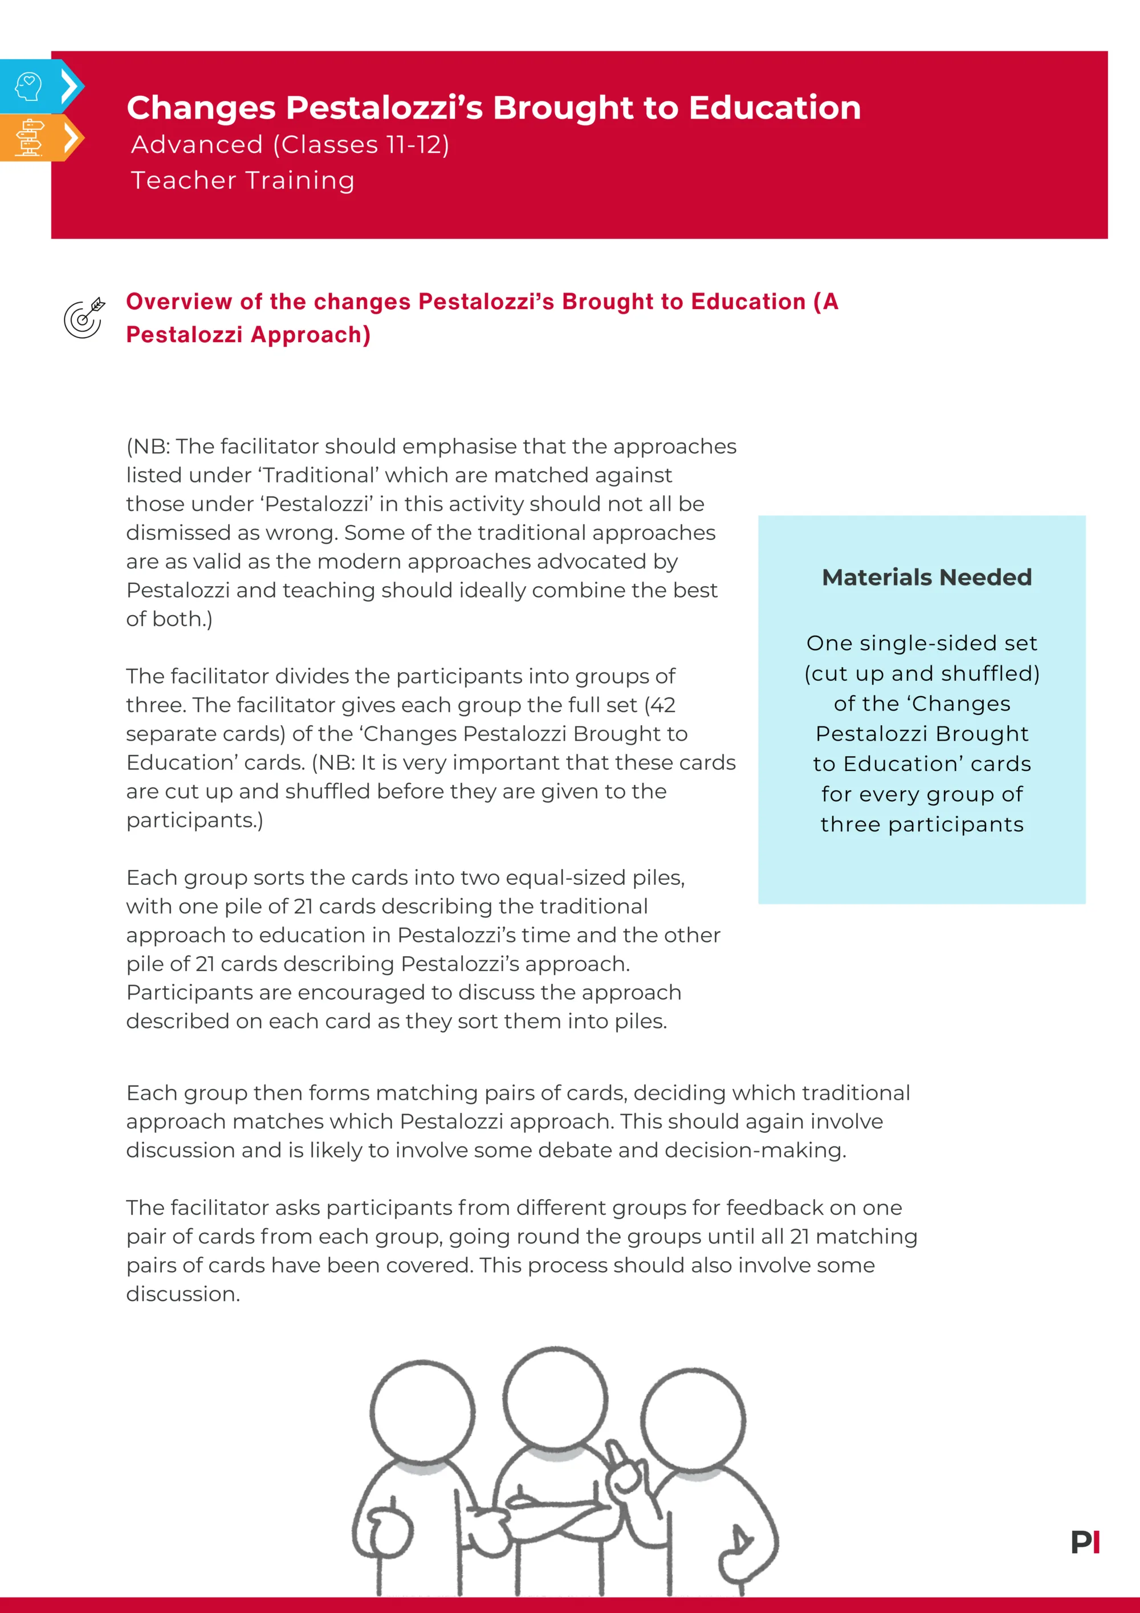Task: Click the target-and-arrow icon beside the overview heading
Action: [84, 318]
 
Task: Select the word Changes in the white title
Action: [201, 108]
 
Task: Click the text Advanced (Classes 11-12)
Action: [290, 145]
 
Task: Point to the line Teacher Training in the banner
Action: [243, 181]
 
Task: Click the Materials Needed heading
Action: [926, 577]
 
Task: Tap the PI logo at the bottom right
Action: [1085, 1542]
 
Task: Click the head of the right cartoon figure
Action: [693, 1419]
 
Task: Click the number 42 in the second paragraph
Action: [662, 705]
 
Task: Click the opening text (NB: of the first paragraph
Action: [149, 447]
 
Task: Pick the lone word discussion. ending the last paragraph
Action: [182, 1294]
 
